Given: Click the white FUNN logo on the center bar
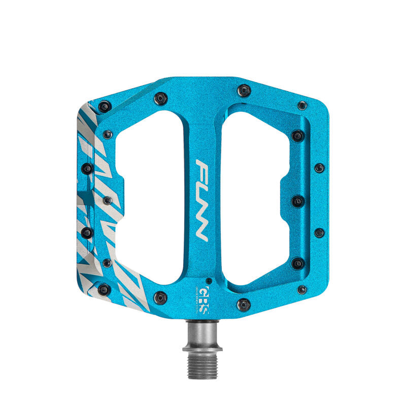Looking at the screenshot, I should (201, 200).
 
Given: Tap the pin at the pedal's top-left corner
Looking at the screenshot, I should (105, 107).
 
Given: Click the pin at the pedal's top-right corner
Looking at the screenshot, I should (302, 105).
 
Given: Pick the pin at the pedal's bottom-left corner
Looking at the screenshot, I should (104, 289).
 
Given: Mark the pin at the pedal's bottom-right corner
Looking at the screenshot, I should (302, 290).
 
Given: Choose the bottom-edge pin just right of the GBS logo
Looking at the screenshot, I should (244, 304).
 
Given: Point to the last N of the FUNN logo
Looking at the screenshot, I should (201, 231).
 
